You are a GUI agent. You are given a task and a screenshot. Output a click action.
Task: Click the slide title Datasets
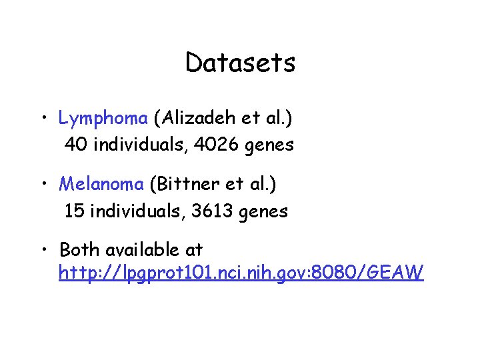[x=240, y=63]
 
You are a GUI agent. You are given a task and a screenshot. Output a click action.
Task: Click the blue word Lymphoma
[x=103, y=119]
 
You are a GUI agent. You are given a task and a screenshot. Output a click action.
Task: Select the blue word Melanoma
[x=101, y=183]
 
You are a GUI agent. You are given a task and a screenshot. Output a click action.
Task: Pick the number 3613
[x=211, y=211]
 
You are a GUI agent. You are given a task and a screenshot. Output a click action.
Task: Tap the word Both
[x=79, y=250]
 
